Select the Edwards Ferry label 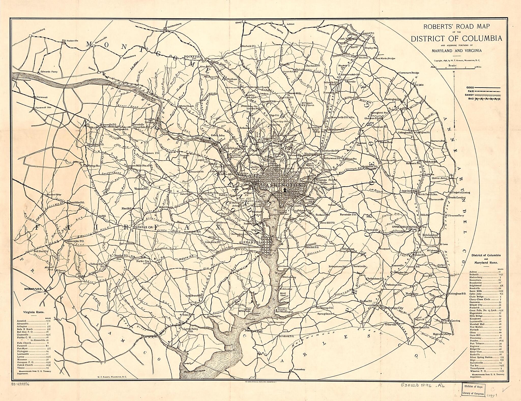point(49,72)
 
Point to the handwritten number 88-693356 point(20,385)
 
